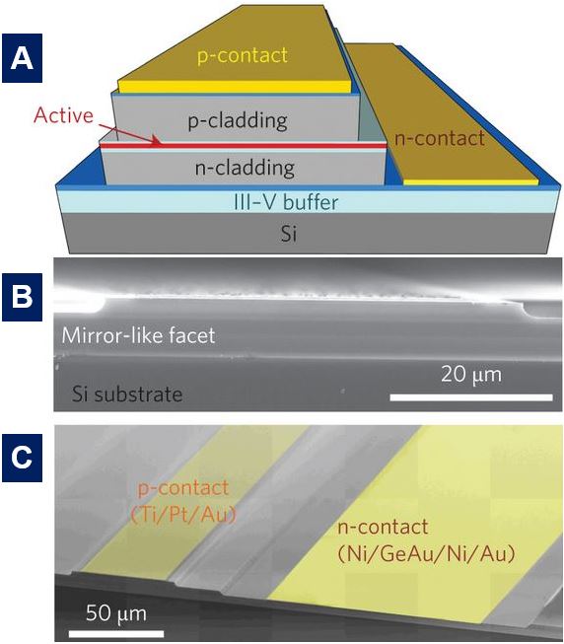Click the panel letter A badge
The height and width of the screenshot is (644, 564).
tap(22, 58)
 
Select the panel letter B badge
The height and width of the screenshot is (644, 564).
tap(22, 297)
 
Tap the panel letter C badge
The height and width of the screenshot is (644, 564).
tap(22, 458)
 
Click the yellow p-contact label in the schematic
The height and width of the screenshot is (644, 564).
tap(243, 56)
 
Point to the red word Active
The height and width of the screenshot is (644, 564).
tap(64, 115)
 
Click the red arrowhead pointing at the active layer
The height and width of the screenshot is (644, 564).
tap(156, 141)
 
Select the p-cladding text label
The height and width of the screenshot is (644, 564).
tap(238, 121)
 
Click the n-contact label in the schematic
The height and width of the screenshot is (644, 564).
tap(440, 138)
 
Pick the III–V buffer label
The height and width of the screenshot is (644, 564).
tap(286, 202)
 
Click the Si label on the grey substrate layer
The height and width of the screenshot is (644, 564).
tap(289, 234)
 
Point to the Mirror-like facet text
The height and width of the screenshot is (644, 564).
tap(138, 335)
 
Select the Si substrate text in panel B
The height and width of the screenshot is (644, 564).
tap(127, 394)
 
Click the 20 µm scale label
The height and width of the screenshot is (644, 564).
tap(471, 375)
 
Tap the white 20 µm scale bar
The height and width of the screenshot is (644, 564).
tap(471, 397)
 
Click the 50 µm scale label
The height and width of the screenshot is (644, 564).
tap(116, 613)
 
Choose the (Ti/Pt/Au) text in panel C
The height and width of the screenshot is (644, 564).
tap(183, 514)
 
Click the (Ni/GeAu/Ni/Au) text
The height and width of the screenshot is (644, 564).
tap(426, 554)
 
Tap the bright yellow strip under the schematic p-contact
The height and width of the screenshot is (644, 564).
tap(235, 86)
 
